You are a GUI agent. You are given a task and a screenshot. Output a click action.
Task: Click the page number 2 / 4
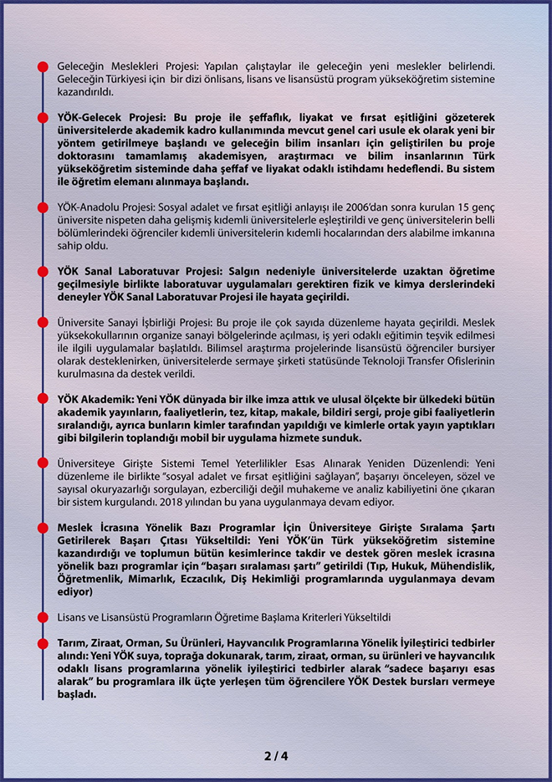(276, 756)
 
